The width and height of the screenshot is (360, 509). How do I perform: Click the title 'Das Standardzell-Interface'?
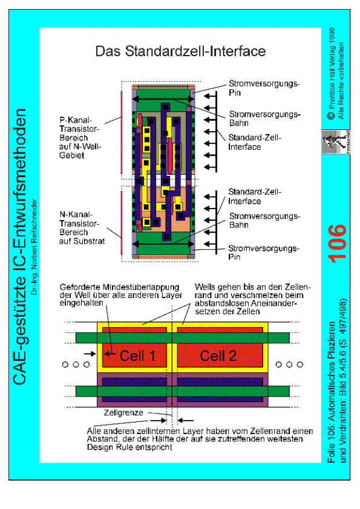coord(180,51)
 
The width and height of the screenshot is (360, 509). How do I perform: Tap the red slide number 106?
coord(337,243)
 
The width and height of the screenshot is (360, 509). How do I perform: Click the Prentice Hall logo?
coord(336,142)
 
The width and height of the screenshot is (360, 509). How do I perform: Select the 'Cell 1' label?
coord(137,356)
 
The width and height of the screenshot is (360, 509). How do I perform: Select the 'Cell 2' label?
coord(218,356)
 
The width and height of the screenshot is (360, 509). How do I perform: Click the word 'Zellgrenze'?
coord(123,413)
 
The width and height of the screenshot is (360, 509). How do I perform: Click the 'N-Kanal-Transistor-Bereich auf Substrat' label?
coord(82,227)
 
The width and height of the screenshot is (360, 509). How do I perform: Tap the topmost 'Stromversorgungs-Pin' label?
coord(264,88)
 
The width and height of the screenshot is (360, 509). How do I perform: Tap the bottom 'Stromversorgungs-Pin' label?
coord(263,253)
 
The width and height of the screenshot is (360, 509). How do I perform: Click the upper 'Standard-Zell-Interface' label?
coord(254,142)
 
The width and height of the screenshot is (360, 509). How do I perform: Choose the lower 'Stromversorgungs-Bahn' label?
coord(264,221)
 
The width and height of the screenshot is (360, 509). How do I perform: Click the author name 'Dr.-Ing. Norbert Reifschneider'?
coord(34,247)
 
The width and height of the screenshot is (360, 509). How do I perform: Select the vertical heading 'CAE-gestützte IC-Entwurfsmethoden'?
coord(19,247)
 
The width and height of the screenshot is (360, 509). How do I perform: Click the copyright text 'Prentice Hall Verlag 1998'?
coord(332,74)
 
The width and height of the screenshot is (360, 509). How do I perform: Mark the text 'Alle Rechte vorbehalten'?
coord(341,81)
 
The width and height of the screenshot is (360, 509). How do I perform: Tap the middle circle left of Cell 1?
coord(76,365)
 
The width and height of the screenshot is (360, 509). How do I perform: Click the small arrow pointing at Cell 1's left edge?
coord(90,354)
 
